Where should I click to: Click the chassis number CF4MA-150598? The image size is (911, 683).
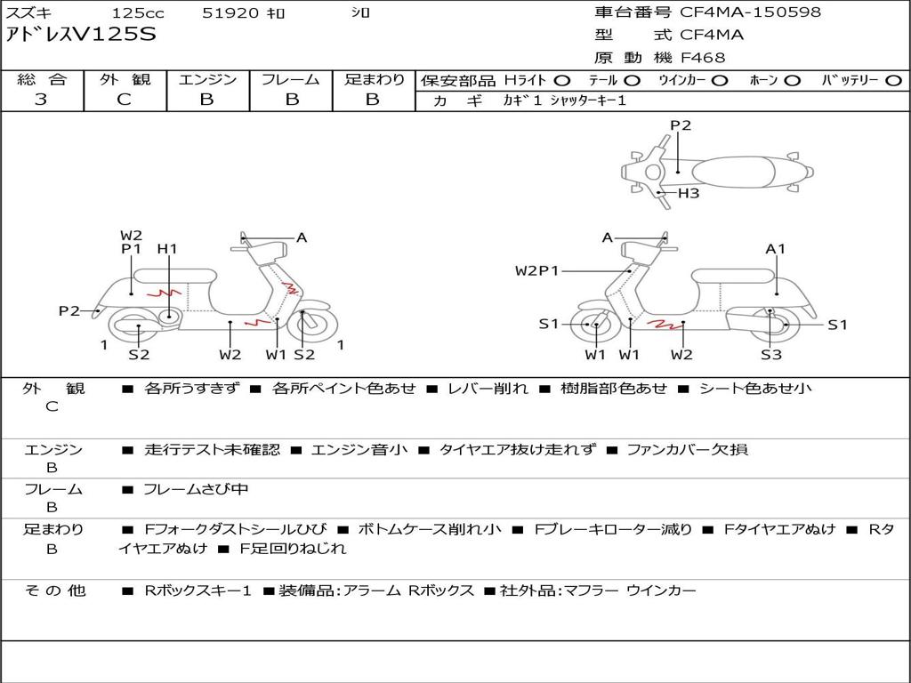[750, 12]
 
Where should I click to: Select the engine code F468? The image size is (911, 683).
[703, 58]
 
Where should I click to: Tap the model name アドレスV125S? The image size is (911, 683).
[81, 35]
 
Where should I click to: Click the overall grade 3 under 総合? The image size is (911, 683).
[41, 100]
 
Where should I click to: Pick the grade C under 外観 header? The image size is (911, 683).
[124, 100]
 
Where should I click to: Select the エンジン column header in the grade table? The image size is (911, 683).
[207, 79]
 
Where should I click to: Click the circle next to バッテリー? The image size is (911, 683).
[893, 81]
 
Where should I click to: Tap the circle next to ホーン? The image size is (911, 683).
[792, 81]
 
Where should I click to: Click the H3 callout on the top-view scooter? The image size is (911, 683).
[689, 193]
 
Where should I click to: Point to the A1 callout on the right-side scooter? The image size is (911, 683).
[775, 249]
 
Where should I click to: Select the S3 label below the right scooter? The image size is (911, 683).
[771, 355]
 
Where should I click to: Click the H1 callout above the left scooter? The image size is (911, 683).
[167, 249]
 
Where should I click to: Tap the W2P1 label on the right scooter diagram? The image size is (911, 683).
[536, 270]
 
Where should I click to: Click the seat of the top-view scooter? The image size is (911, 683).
[733, 172]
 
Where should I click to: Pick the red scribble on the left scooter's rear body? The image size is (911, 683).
[164, 292]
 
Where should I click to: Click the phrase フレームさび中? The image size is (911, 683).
[196, 490]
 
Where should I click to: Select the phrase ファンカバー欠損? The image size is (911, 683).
[688, 449]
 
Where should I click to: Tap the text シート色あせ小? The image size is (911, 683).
[755, 388]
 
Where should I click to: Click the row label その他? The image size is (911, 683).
[55, 591]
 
